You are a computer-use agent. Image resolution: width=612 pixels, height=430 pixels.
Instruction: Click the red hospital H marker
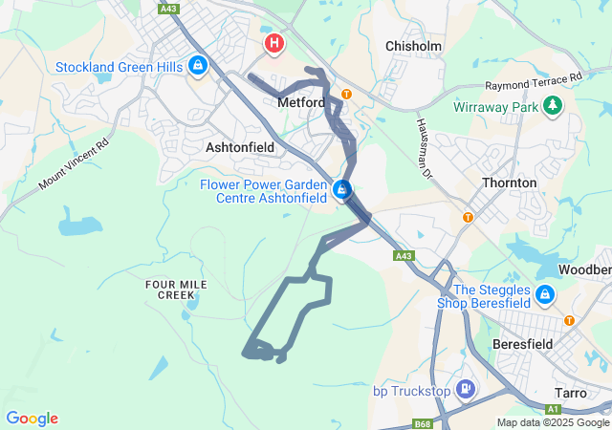274,43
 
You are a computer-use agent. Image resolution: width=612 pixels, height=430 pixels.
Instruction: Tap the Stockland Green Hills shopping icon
197,66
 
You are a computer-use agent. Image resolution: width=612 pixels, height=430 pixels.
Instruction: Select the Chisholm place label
411,46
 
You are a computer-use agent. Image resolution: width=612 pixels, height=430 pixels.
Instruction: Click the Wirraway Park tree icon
552,108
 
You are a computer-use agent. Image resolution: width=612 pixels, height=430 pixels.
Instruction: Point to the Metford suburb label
301,102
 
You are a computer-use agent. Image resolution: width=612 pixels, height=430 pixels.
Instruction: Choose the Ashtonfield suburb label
240,147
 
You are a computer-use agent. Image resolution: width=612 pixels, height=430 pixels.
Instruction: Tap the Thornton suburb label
510,182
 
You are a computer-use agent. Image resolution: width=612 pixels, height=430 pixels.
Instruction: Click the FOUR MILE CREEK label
169,290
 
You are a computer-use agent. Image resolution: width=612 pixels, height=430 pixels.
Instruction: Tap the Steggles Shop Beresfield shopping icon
544,295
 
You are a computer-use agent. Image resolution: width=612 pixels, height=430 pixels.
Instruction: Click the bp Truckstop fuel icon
465,389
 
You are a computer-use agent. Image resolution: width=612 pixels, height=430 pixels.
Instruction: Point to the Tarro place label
577,393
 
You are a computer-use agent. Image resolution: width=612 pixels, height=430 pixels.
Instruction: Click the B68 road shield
423,423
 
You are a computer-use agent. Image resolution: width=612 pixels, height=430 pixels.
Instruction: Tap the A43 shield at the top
169,9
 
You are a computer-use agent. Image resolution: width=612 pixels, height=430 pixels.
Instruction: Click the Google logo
32,419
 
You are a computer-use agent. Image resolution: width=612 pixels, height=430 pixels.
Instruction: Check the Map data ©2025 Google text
553,423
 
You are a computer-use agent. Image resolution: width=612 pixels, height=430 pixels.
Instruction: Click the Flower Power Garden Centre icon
342,191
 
